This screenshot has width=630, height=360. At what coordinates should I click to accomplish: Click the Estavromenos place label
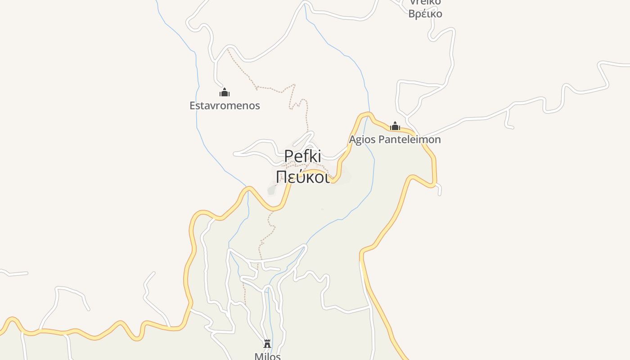point(225,106)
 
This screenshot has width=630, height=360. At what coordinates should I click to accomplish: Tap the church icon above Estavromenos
point(225,93)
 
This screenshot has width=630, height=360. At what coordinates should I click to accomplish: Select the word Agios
point(362,139)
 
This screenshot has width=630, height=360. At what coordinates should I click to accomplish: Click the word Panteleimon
point(409,139)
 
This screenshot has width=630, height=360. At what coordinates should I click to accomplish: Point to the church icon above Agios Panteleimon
point(395,126)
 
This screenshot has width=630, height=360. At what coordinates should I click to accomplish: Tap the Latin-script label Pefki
point(303,157)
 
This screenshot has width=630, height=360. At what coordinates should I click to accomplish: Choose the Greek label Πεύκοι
point(303,176)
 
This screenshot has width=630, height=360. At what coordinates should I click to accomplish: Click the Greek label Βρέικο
point(425,13)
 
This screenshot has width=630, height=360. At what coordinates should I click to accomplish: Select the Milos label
point(267,356)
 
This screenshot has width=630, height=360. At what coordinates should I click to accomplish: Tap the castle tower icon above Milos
point(267,344)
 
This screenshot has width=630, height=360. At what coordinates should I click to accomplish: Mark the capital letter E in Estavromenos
point(192,106)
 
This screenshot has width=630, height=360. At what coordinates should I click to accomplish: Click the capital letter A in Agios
point(353,139)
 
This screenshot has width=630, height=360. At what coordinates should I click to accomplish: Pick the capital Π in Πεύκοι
point(281,176)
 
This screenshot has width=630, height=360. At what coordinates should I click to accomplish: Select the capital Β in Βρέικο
point(411,13)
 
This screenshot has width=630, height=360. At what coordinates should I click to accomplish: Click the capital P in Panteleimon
point(381,139)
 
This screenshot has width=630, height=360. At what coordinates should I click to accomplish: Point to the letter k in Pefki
point(313,157)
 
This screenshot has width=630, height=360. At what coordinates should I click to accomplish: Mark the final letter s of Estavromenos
point(258,106)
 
